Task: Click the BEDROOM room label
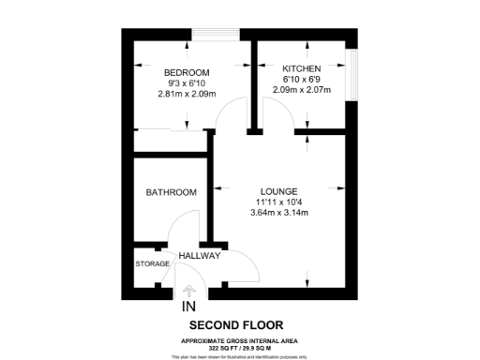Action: pyautogui.click(x=187, y=72)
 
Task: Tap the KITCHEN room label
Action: pyautogui.click(x=302, y=68)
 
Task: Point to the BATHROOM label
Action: pyautogui.click(x=171, y=192)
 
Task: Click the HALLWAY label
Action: pyautogui.click(x=199, y=255)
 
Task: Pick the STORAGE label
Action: pyautogui.click(x=153, y=264)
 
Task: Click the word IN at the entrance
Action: pyautogui.click(x=188, y=307)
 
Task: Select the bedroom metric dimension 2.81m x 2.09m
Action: pyautogui.click(x=187, y=94)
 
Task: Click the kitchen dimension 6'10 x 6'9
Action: pyautogui.click(x=302, y=80)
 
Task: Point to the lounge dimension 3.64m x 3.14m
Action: pyautogui.click(x=279, y=212)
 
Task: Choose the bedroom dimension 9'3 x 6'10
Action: pyautogui.click(x=187, y=83)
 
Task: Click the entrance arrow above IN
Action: pyautogui.click(x=188, y=291)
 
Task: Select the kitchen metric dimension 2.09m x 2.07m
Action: pyautogui.click(x=302, y=90)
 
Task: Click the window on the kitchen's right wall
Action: pyautogui.click(x=352, y=72)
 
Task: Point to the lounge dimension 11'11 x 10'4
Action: pyautogui.click(x=279, y=201)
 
